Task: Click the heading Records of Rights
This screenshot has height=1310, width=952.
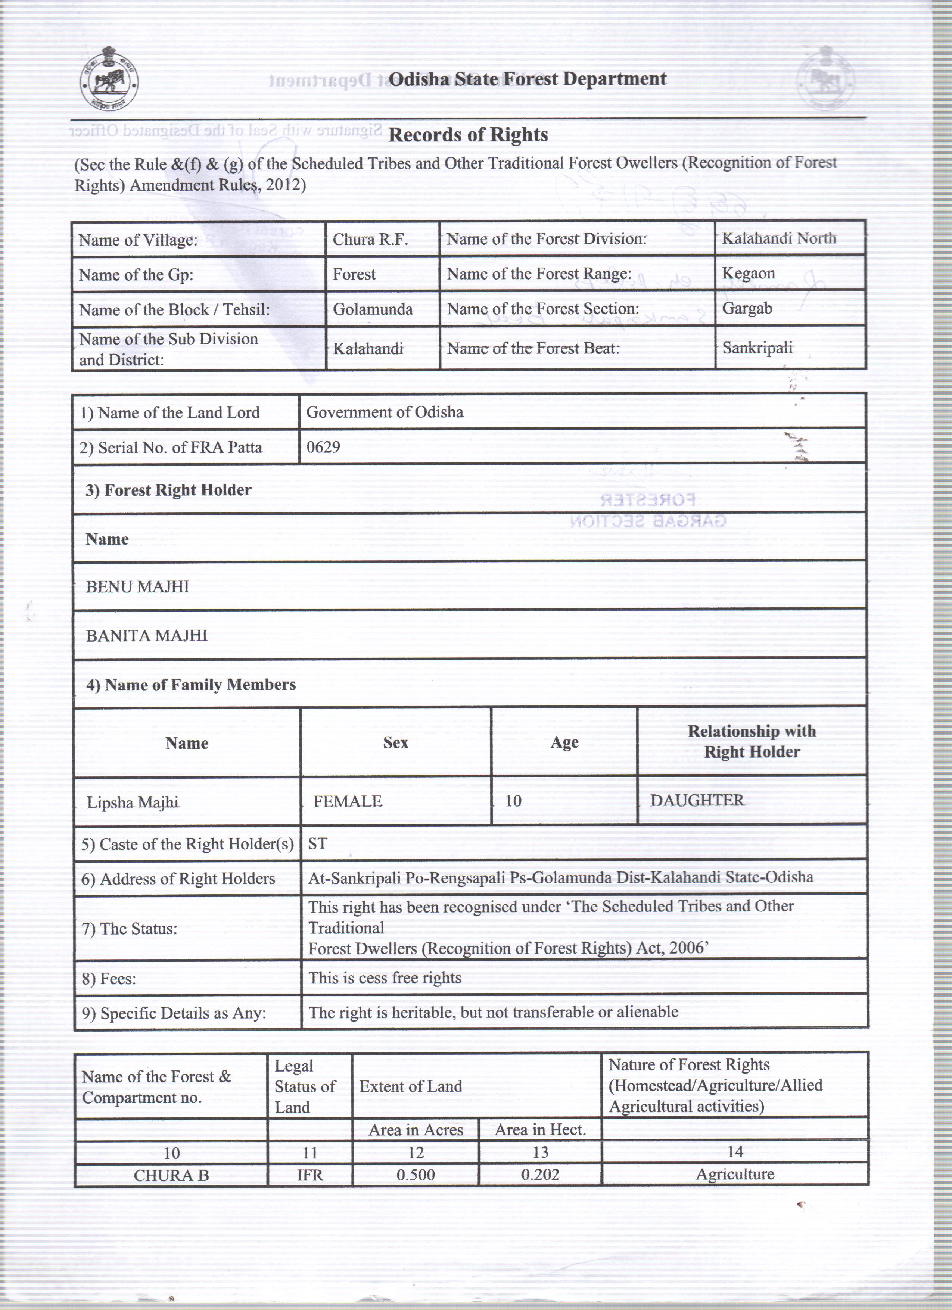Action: coord(468,135)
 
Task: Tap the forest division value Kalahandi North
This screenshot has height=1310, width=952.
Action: coord(779,238)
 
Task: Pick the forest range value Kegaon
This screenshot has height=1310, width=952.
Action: coord(748,273)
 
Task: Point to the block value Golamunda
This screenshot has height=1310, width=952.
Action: coord(373,309)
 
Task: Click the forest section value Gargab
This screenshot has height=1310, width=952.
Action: coord(747,308)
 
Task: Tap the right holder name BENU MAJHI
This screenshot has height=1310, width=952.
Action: coord(137,587)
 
